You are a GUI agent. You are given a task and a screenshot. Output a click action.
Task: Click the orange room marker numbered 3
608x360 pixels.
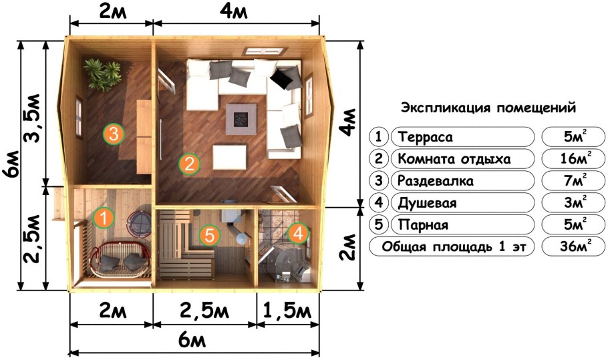pyautogui.click(x=114, y=134)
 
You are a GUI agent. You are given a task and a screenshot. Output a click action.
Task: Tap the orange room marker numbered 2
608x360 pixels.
pyautogui.click(x=190, y=164)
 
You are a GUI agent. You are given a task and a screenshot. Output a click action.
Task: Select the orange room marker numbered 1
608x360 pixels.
pyautogui.click(x=104, y=217)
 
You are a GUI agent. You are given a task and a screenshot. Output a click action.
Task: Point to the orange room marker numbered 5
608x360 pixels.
pyautogui.click(x=209, y=235)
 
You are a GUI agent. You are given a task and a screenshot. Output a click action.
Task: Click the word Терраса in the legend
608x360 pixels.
pyautogui.click(x=425, y=138)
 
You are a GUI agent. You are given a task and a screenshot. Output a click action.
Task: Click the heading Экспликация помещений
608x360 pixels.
pyautogui.click(x=488, y=108)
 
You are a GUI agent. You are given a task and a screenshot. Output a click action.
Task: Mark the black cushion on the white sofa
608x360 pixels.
pyautogui.click(x=282, y=79)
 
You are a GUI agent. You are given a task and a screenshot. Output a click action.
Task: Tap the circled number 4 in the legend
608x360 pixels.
pyautogui.click(x=379, y=202)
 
